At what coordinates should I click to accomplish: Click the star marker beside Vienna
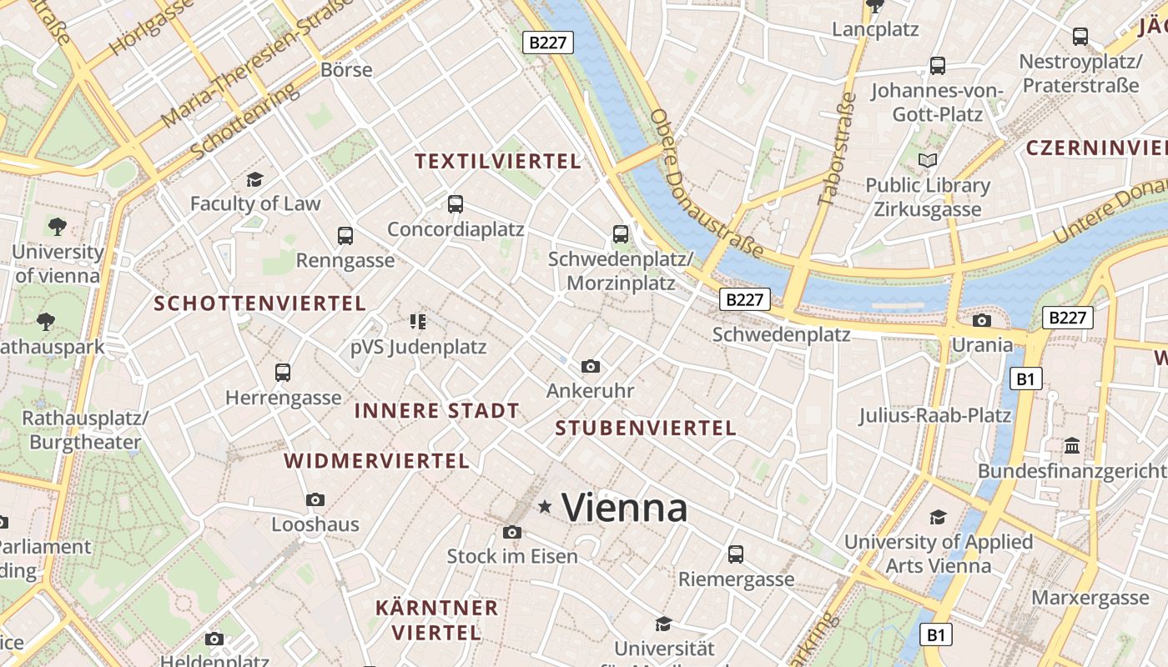[546, 506]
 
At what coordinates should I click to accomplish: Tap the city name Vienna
[624, 508]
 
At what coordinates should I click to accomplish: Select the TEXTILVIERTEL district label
[498, 162]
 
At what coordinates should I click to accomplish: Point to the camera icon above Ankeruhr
[591, 367]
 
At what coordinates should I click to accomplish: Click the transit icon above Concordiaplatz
[455, 204]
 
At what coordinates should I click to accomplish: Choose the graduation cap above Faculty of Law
[254, 179]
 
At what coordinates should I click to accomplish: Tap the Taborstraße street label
[838, 149]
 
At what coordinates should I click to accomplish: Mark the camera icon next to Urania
[982, 321]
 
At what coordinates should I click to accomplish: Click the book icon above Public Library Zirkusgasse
[928, 160]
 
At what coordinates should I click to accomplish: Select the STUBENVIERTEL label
[646, 429]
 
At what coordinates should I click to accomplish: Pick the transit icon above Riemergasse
[735, 554]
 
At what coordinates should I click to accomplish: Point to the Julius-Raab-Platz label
[934, 415]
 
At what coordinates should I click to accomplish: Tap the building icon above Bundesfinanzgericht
[1072, 447]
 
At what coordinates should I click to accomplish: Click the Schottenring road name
[244, 122]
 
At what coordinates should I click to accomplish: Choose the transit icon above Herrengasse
[283, 373]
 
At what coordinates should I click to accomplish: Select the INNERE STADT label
[436, 411]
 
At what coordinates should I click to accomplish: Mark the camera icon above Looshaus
[315, 500]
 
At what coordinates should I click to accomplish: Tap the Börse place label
[346, 69]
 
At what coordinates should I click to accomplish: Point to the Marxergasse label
[1090, 598]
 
